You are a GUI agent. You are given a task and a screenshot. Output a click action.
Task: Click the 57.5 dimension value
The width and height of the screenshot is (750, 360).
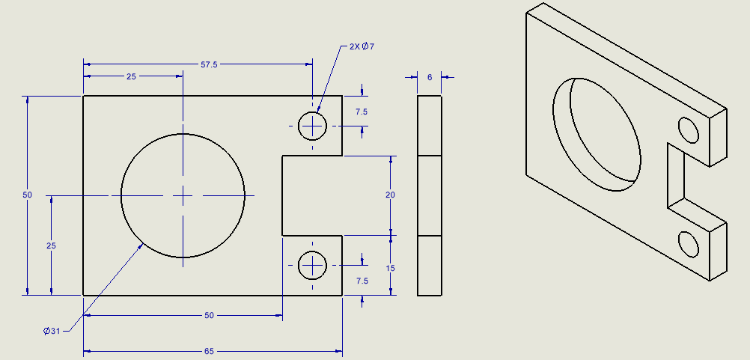point(209,64)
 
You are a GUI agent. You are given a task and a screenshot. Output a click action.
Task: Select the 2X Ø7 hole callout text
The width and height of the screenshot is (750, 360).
point(362,46)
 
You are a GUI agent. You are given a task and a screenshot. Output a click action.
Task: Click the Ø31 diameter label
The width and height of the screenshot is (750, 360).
point(52,330)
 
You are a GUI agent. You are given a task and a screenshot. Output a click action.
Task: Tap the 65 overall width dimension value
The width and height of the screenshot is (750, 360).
point(209,352)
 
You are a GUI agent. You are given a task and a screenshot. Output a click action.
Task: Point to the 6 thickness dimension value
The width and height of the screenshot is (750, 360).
point(430,77)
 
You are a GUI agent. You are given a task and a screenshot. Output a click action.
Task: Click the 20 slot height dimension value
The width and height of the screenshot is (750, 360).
point(391,195)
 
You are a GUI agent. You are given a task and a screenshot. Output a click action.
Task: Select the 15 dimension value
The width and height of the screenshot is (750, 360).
point(391,268)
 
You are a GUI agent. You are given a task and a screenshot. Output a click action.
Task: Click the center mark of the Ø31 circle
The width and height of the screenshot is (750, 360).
point(183,195)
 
